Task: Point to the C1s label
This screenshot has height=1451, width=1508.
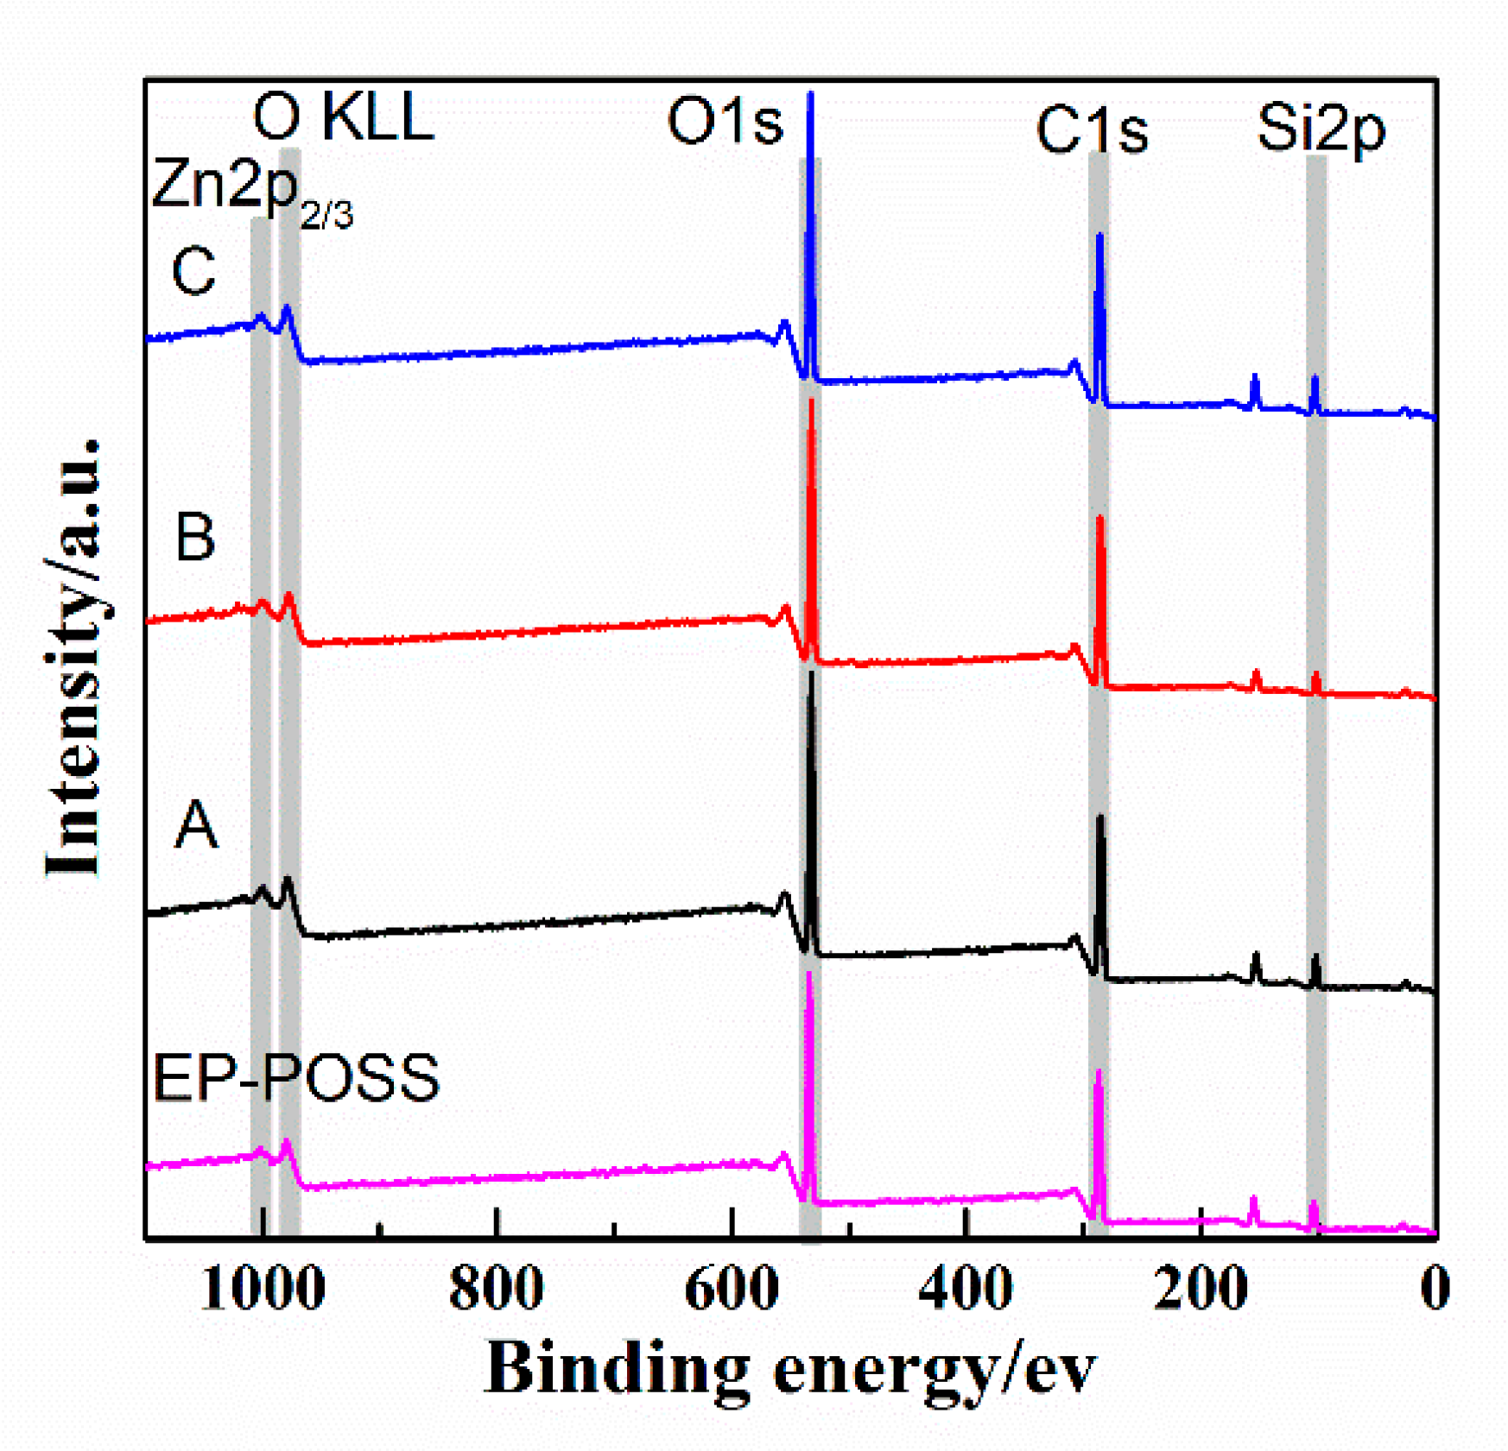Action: tap(1091, 130)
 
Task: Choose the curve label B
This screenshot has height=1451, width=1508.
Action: tap(195, 537)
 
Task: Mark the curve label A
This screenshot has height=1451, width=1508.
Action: tap(196, 825)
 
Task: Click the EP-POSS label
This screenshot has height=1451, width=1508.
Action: tap(295, 1078)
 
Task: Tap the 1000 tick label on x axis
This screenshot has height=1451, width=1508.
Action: tap(262, 1290)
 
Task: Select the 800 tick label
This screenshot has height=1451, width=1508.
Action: tap(497, 1290)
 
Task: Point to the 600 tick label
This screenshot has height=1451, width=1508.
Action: tap(732, 1290)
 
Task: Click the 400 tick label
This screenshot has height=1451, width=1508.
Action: tap(966, 1290)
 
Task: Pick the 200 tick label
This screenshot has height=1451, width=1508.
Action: tap(1201, 1290)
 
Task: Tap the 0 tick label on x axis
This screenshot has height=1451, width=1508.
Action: tap(1435, 1290)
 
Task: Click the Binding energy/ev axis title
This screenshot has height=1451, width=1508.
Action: tap(789, 1370)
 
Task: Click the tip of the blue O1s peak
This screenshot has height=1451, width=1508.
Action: tap(810, 93)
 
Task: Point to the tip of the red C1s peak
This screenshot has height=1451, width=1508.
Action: tap(1099, 519)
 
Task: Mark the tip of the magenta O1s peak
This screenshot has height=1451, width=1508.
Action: tap(809, 973)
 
